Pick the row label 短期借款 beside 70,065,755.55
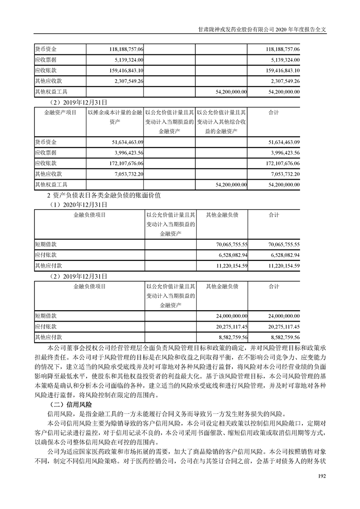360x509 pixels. (45, 244)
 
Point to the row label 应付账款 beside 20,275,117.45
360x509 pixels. (45, 327)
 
